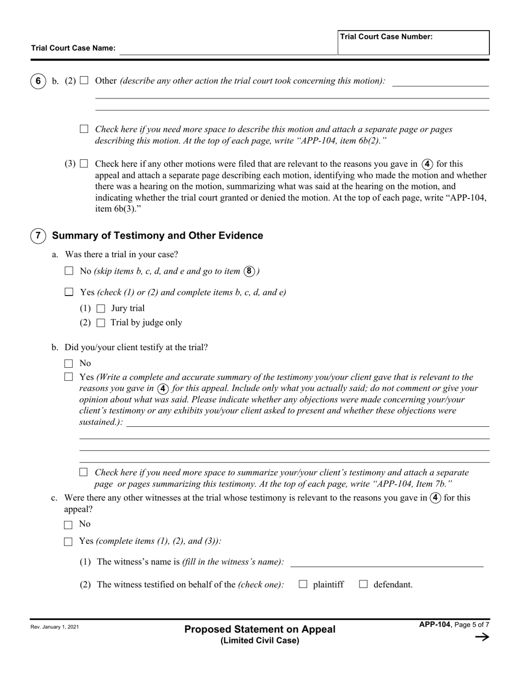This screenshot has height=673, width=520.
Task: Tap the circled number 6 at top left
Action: pyautogui.click(x=38, y=81)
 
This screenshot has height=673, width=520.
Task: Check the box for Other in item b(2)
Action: pyautogui.click(x=84, y=80)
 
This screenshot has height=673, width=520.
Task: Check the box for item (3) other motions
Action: pyautogui.click(x=84, y=164)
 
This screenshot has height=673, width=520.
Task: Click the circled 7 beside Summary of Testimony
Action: pyautogui.click(x=38, y=236)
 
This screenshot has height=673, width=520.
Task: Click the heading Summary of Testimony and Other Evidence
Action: pyautogui.click(x=157, y=236)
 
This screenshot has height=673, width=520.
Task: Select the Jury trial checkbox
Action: pyautogui.click(x=100, y=309)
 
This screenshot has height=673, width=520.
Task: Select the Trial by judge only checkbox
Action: pyautogui.click(x=100, y=323)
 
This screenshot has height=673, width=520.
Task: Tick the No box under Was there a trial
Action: pyautogui.click(x=69, y=271)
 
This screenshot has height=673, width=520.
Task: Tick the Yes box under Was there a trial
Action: pyautogui.click(x=69, y=292)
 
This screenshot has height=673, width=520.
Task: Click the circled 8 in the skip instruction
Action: pyautogui.click(x=250, y=271)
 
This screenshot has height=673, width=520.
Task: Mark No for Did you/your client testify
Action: pyautogui.click(x=69, y=363)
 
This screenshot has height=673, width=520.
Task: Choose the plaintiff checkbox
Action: pyautogui.click(x=303, y=584)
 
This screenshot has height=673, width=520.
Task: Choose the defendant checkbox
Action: pyautogui.click(x=363, y=584)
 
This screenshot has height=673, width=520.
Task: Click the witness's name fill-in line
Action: pyautogui.click(x=386, y=563)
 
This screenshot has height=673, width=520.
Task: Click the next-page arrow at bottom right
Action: pyautogui.click(x=482, y=637)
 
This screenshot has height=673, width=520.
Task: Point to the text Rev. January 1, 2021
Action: pyautogui.click(x=55, y=627)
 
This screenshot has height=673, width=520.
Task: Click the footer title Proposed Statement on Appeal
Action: pyautogui.click(x=260, y=629)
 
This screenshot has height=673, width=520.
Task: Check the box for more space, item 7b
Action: pyautogui.click(x=84, y=472)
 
